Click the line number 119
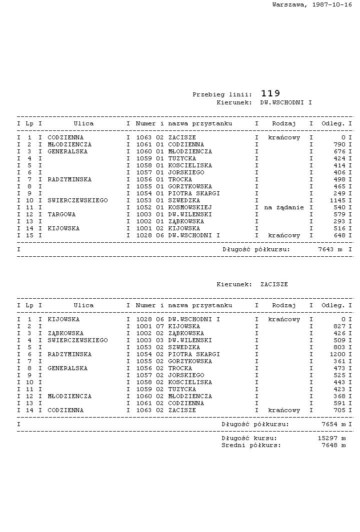coord(270,93)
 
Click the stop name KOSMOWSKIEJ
coord(190,207)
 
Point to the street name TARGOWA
coord(61,214)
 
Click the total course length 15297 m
coord(331,438)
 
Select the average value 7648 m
coord(333,445)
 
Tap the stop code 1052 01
coord(150,207)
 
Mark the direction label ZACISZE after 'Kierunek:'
coord(274,284)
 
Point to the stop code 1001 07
coord(150,326)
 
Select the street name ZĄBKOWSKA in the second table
coord(65,333)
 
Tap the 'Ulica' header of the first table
coord(83,123)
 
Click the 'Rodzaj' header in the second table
coord(284,305)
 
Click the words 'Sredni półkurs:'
coord(251,445)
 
